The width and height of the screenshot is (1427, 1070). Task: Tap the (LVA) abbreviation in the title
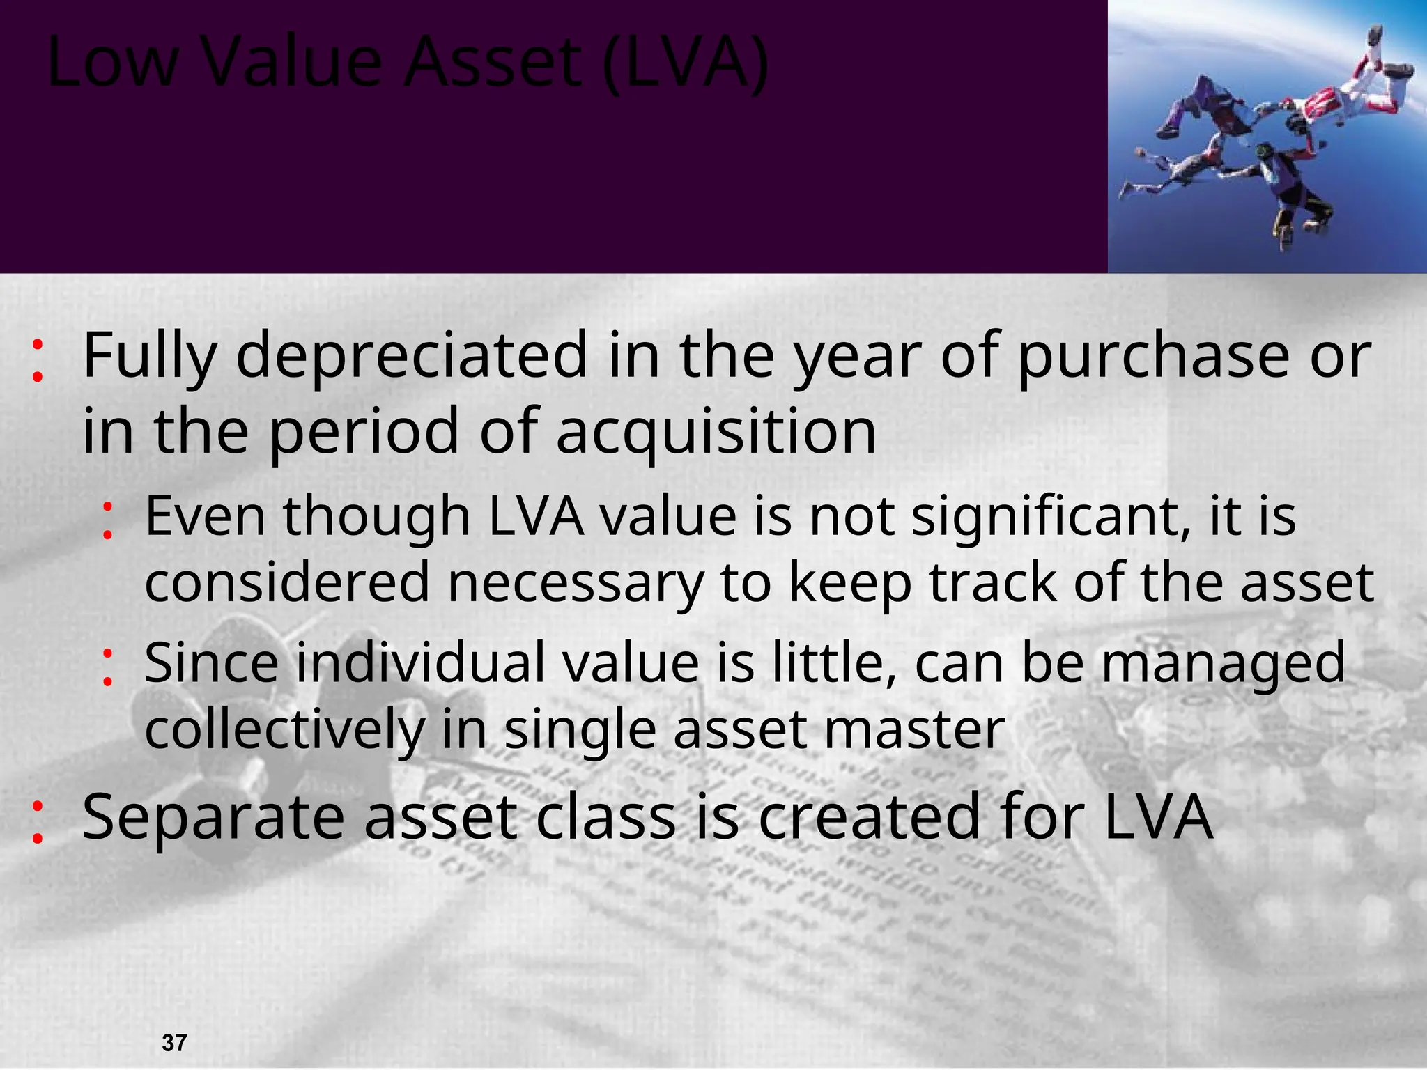coord(686,64)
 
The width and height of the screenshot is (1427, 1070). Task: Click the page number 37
coord(174,1043)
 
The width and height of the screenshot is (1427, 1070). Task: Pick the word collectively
coord(284,729)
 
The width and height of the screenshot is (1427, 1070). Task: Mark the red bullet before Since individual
coord(107,667)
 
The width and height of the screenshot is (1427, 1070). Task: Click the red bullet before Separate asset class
coord(38,823)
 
